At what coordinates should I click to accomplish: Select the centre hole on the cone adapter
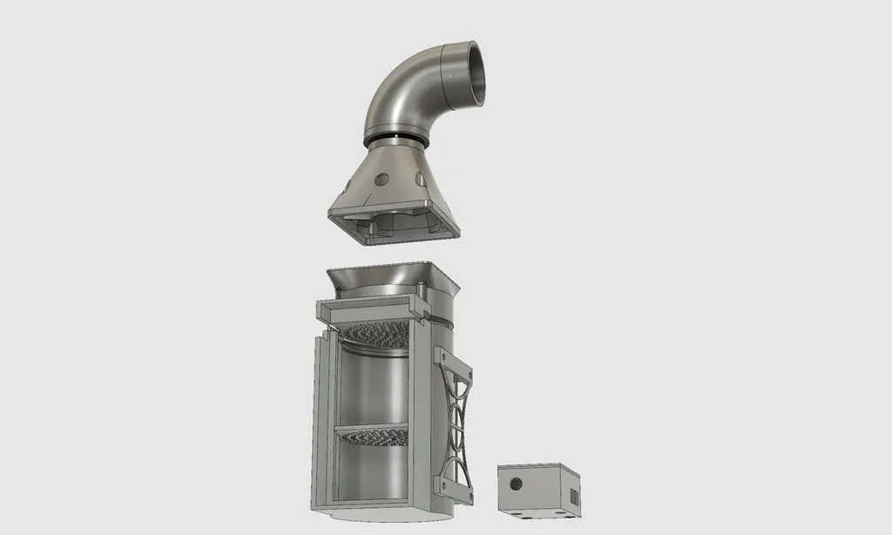[x=381, y=178]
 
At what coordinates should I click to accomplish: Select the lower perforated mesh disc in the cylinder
[x=372, y=435]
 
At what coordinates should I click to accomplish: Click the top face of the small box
[x=538, y=470]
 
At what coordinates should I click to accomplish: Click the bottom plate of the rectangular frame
[x=366, y=503]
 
